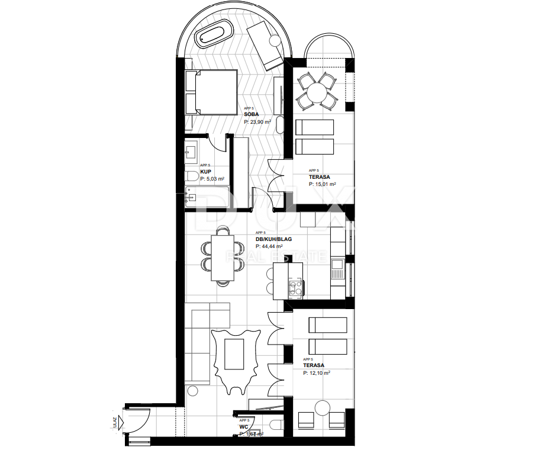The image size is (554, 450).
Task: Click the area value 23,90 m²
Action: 257,121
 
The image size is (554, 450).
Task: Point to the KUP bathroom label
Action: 205,172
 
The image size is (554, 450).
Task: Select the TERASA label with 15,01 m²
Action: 319,177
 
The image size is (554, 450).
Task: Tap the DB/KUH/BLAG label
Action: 273,239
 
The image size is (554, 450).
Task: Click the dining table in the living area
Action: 222,258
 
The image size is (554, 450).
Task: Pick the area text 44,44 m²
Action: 269,246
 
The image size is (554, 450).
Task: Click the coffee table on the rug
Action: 236,355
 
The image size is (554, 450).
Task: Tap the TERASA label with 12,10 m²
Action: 313,366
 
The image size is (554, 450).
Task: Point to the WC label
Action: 243,426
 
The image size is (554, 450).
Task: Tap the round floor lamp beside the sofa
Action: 192,391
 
